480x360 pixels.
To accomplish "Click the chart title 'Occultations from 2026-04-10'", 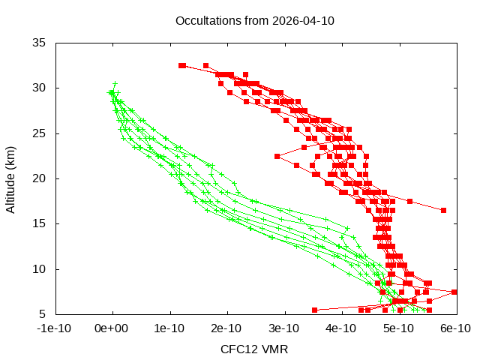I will (254, 20).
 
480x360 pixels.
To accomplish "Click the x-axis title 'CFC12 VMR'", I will (254, 349).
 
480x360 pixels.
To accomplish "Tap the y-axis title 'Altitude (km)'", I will (10, 178).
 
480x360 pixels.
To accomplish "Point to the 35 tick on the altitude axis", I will (40, 43).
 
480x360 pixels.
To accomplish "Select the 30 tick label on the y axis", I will (40, 88).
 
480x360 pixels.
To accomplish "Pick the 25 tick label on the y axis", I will (40, 133).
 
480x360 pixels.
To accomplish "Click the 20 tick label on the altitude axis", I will (40, 178).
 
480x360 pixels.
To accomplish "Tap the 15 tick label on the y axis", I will (40, 223).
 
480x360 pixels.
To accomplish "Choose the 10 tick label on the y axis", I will (40, 268).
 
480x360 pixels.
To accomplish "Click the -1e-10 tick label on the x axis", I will (55, 328).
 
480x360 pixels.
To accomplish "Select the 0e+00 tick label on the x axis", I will (112, 328).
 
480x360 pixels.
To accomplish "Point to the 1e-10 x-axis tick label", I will (170, 328).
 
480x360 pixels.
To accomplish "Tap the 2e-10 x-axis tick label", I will (227, 328).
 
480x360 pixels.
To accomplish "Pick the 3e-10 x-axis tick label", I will (284, 328).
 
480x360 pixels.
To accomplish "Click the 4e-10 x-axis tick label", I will (341, 328).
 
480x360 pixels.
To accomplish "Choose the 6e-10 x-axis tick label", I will (455, 328).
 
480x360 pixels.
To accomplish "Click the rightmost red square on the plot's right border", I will (454, 292).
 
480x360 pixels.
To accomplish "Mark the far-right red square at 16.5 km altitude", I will (443, 210).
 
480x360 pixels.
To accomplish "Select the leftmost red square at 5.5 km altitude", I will (315, 310).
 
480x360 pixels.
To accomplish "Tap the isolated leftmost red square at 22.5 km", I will (277, 156).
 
